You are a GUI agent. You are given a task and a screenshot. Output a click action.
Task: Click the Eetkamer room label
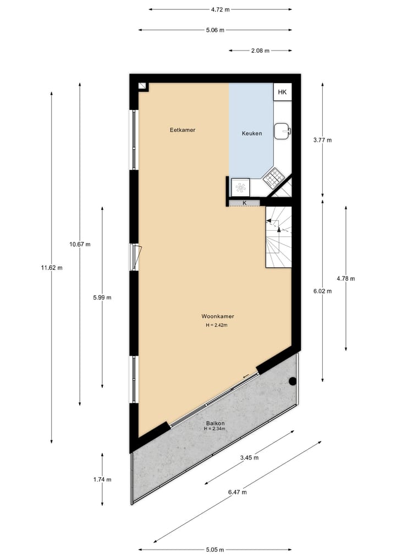(183, 130)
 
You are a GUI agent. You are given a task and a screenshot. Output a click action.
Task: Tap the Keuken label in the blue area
(252, 134)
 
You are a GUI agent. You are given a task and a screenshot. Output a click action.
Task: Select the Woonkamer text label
(218, 317)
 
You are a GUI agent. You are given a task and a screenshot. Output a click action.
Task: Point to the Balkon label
(215, 423)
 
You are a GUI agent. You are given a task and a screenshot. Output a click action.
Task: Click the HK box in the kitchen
(282, 92)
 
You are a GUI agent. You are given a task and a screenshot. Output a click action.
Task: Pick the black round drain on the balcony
(293, 381)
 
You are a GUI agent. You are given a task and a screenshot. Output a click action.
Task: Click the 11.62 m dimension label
(52, 268)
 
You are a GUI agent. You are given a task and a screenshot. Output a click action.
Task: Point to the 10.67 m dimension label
(80, 245)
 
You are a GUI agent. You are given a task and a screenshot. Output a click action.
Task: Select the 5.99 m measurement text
(102, 297)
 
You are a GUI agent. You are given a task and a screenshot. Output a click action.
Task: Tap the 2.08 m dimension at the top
(260, 51)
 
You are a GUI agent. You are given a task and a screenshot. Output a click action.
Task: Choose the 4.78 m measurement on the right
(345, 279)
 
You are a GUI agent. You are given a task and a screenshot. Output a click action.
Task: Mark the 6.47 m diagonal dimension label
(237, 492)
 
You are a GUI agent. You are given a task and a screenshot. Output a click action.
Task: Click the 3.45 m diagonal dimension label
(249, 457)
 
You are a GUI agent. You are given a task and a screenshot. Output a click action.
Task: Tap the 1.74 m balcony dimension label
(102, 479)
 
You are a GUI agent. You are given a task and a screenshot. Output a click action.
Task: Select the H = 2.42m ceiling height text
(217, 325)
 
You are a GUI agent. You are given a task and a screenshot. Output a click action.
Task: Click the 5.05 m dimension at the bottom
(215, 549)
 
